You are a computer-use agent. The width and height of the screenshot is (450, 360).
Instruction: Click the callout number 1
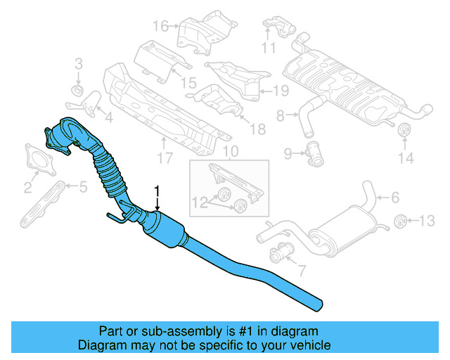coord(157,191)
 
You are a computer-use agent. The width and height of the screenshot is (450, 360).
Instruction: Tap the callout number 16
coord(160,27)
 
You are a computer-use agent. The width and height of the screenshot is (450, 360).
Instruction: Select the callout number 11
coord(269,48)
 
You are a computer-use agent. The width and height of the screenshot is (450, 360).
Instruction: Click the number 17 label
coord(165,159)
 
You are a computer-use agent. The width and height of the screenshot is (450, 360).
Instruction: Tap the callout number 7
coord(302,269)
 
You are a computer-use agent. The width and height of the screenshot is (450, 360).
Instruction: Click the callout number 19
coord(281,90)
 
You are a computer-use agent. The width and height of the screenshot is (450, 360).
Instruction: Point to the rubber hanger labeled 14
coord(404,132)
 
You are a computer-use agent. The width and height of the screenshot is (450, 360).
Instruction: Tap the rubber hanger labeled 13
coord(401,221)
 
